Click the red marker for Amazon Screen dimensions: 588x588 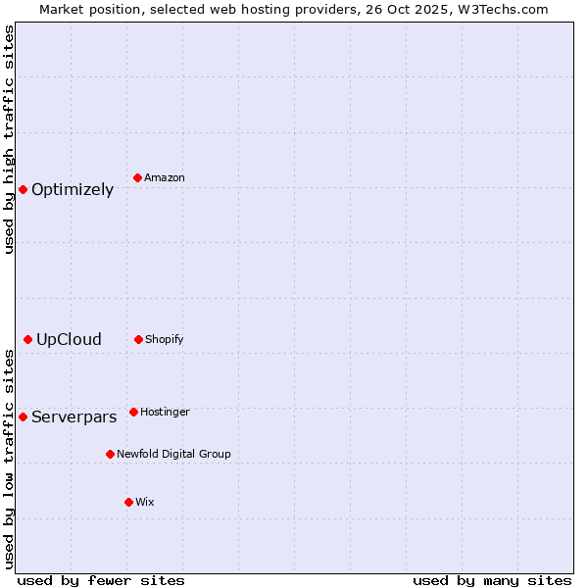[138, 177]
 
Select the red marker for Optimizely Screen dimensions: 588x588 [23, 189]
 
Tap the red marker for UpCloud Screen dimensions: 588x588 [27, 339]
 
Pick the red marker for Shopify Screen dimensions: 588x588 [138, 339]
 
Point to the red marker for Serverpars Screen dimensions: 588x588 [23, 416]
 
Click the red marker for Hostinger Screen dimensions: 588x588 [133, 412]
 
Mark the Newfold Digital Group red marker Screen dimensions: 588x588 [110, 454]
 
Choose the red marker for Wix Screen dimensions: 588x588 [128, 502]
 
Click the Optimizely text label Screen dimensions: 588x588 [73, 190]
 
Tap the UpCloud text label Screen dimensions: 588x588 [69, 340]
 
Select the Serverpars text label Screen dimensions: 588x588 [73, 417]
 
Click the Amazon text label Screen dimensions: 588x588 [165, 178]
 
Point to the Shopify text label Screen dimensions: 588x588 [165, 340]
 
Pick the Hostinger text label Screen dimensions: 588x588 [165, 413]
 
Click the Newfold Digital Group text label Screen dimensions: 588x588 [173, 455]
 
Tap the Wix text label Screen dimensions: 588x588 [145, 503]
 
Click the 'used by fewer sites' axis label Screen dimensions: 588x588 [101, 580]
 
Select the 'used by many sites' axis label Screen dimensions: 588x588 [492, 580]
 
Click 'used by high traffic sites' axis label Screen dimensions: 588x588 [10, 139]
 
